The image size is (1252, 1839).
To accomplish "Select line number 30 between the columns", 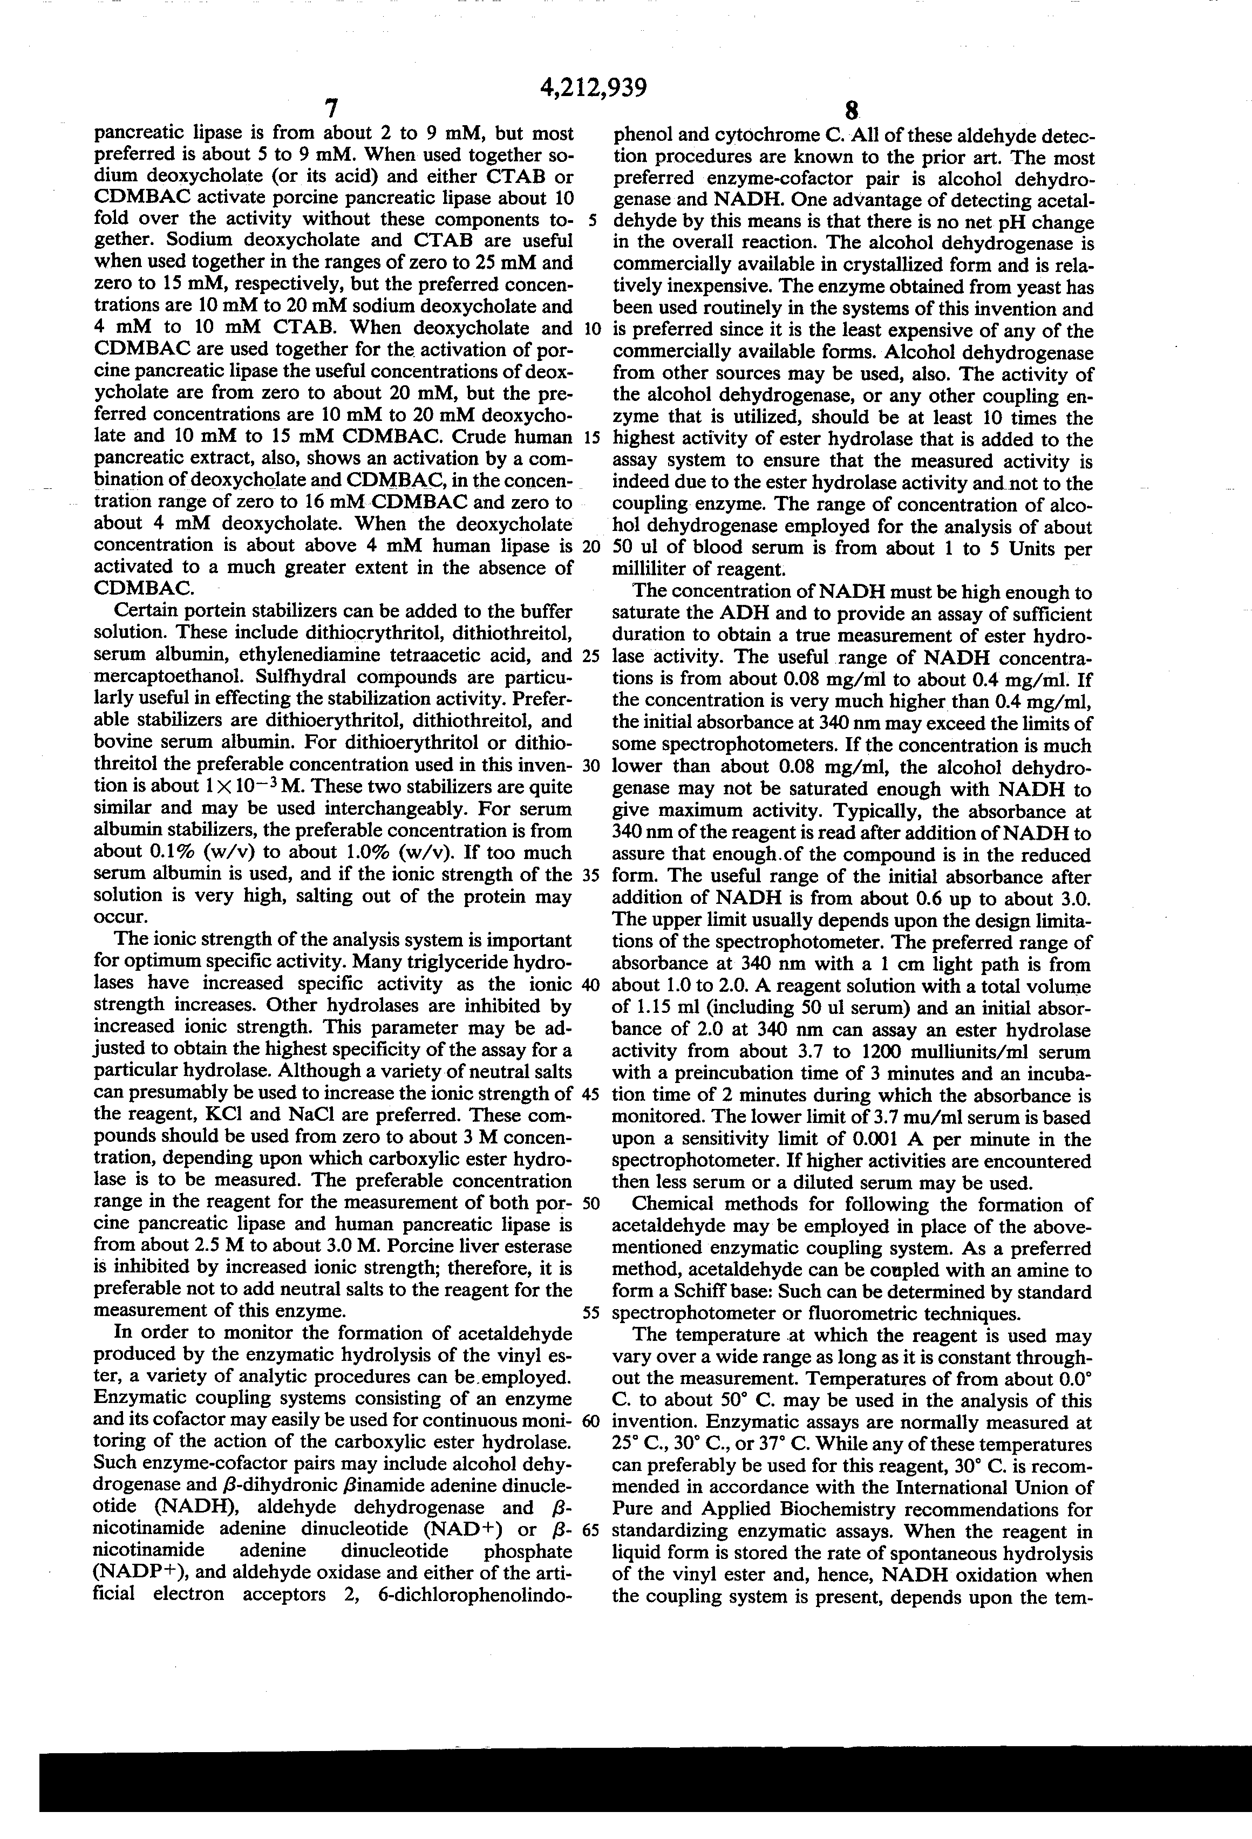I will [x=591, y=766].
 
